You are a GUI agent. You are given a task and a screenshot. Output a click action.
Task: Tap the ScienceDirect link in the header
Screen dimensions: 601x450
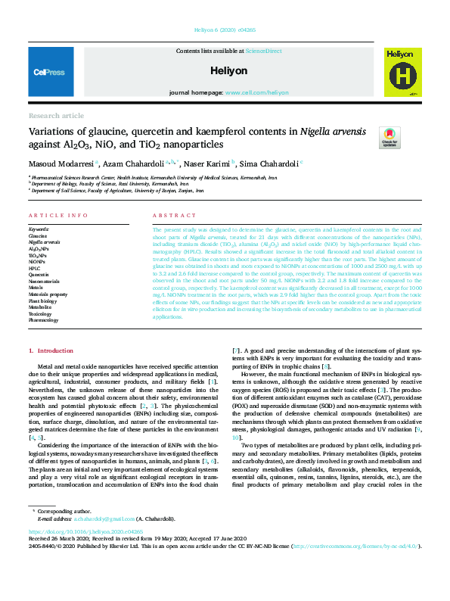click(x=263, y=51)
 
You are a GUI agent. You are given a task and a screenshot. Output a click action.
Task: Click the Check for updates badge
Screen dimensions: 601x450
click(x=389, y=137)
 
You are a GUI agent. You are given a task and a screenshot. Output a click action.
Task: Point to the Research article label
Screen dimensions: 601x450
click(x=56, y=115)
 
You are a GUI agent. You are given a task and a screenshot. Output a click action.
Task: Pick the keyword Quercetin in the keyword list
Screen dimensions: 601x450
click(x=40, y=274)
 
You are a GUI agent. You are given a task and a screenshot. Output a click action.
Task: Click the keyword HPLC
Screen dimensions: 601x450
click(x=34, y=267)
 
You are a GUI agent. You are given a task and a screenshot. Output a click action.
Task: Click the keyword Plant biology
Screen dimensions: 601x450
click(x=42, y=300)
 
